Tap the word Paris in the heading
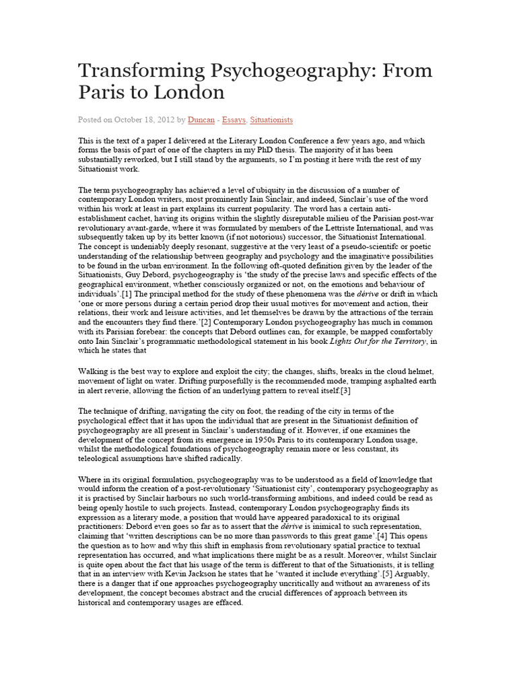(x=104, y=92)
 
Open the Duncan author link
(x=201, y=120)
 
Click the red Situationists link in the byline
(x=271, y=120)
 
